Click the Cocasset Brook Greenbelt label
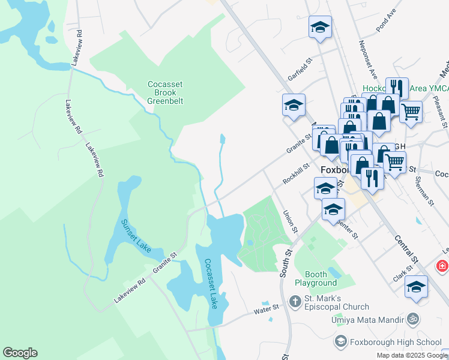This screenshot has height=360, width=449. pos(165,92)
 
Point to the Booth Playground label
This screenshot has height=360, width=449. pos(315,278)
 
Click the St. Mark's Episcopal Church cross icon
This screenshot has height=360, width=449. pos(295,302)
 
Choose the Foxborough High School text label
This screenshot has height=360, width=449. pos(395,342)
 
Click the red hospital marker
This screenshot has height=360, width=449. pos(443,265)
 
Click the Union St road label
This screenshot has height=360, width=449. pos(290,221)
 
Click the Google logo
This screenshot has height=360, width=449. pos(20,353)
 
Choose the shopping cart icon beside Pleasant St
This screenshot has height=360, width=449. pos(411,111)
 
